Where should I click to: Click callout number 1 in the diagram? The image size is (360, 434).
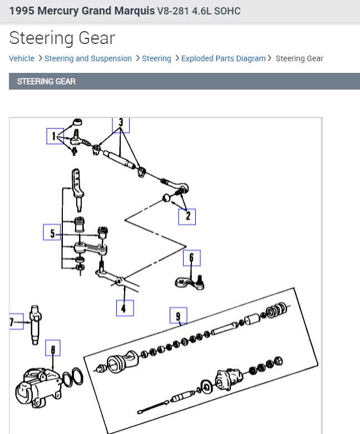55,136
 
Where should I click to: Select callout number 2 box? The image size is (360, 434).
187,216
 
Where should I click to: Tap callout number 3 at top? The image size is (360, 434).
121,125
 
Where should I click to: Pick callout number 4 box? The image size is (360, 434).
125,308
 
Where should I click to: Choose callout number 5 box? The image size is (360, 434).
52,233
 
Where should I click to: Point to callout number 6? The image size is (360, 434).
191,258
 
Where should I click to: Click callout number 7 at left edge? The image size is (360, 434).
13,322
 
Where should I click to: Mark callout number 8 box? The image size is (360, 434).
53,349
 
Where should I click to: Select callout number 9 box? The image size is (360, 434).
178,316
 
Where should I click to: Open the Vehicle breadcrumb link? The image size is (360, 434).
22,58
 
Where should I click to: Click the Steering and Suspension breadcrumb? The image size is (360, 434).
88,58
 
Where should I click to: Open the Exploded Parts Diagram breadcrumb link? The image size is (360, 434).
223,58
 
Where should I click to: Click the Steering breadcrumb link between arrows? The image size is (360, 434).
156,58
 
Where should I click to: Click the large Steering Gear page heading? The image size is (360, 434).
62,38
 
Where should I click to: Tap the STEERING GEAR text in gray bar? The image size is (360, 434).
46,81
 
